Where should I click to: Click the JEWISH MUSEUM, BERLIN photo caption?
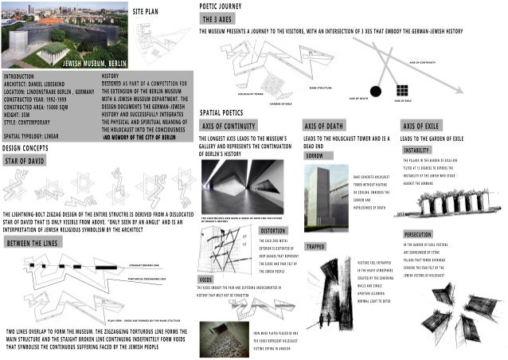94,61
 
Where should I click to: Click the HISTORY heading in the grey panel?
111,76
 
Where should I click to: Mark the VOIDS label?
205,280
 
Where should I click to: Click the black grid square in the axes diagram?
402,89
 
